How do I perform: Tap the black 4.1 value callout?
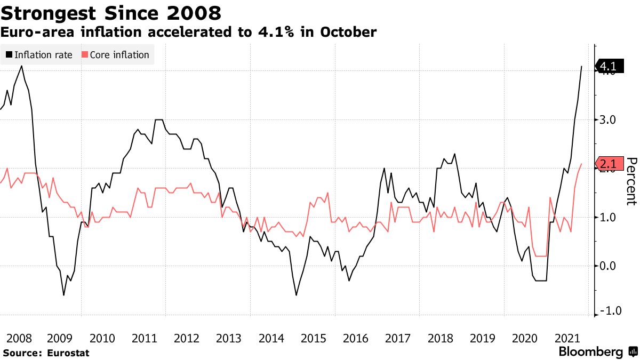[x=608, y=67]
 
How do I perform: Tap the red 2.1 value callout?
[x=608, y=164]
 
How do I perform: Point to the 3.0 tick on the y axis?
[x=608, y=120]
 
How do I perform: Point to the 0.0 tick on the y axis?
[x=608, y=266]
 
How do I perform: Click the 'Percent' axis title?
[x=631, y=181]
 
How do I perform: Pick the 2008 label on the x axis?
[x=18, y=338]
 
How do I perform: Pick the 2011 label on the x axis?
[x=145, y=338]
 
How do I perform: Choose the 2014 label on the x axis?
[x=271, y=338]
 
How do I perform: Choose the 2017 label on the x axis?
[x=397, y=338]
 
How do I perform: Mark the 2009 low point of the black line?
[x=63, y=295]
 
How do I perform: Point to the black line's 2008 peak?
[x=21, y=66]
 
